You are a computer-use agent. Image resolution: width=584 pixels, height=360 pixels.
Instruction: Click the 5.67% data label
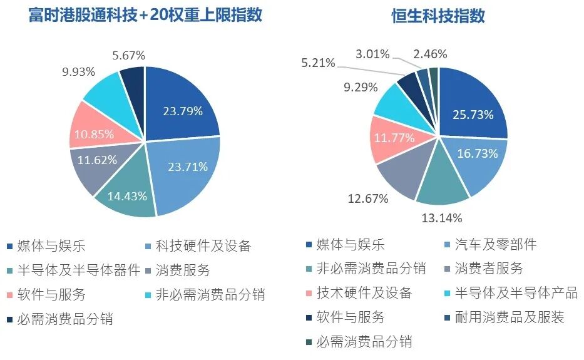(129, 56)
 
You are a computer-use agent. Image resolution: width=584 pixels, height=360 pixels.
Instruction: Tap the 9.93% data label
(79, 71)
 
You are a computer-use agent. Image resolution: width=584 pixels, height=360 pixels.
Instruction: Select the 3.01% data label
(372, 54)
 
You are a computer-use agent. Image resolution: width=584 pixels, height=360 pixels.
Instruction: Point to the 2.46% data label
(430, 54)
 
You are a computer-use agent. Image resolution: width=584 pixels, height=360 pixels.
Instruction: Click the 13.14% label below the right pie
(442, 218)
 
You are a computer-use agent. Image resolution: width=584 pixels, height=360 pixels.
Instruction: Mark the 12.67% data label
(368, 198)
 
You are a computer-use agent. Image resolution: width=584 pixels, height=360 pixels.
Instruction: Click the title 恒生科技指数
(438, 16)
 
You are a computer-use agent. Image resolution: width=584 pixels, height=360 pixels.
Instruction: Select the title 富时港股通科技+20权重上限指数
(145, 15)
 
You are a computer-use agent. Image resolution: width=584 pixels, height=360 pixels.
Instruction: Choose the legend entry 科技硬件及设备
(198, 246)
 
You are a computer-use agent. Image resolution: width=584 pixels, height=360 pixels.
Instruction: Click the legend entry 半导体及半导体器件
(73, 270)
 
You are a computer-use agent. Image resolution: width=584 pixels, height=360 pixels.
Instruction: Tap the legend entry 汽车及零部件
(491, 245)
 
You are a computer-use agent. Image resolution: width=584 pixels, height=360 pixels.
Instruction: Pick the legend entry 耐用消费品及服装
(505, 317)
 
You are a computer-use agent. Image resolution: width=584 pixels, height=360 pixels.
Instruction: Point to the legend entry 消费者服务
(484, 269)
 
